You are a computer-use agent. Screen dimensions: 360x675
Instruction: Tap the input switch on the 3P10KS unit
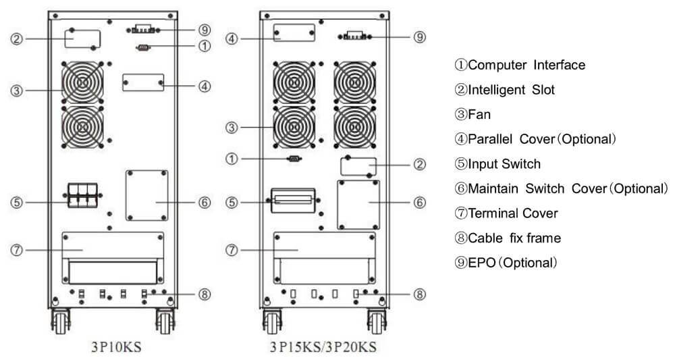[82, 196]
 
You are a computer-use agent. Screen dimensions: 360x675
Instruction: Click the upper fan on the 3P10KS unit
[82, 83]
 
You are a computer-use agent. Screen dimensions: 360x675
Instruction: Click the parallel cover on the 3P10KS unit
[143, 83]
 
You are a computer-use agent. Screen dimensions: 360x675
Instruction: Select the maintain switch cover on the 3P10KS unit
[146, 195]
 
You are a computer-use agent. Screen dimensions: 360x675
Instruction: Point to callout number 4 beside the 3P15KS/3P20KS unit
[232, 38]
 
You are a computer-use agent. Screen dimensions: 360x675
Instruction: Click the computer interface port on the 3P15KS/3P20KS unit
[294, 159]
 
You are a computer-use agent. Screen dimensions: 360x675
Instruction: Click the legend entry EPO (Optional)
[506, 263]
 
